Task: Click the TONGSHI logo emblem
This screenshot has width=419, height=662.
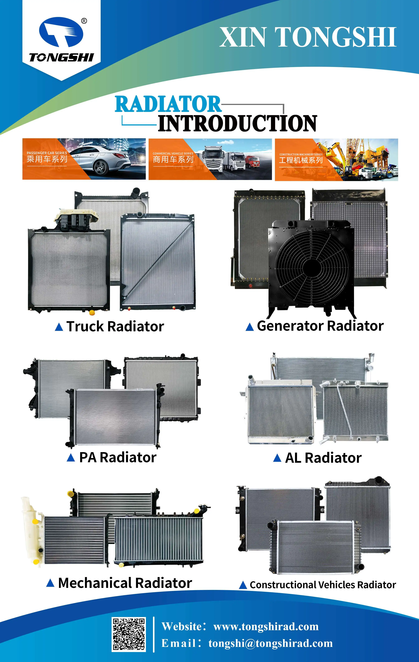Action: tap(61, 32)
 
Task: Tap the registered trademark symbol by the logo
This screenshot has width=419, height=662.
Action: tap(84, 21)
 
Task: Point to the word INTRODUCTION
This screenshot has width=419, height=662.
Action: tap(237, 123)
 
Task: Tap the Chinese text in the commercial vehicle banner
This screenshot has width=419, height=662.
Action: tap(173, 159)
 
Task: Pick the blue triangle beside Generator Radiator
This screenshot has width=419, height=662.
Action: tap(249, 327)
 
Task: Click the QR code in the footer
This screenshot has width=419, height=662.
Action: tap(129, 634)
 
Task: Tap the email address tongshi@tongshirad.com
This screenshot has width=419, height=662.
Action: tap(270, 643)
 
